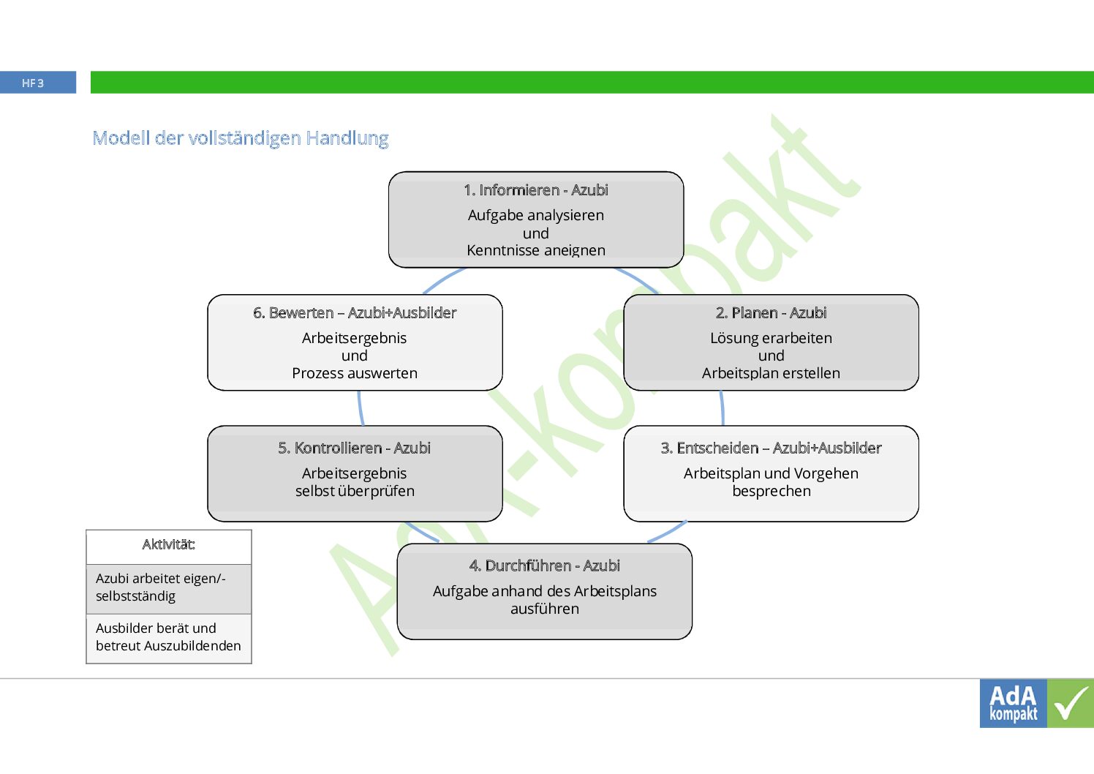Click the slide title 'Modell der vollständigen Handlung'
coord(240,138)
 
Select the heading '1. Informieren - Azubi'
coord(535,190)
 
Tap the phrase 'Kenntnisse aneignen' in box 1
coord(535,250)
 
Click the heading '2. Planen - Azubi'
coord(771,313)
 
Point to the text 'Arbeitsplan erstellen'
coord(771,373)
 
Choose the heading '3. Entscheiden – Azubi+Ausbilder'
coord(771,448)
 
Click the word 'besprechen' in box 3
coord(771,491)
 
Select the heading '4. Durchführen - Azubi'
coord(544,566)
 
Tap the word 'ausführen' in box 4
coord(544,609)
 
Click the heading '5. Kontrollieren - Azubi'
coord(354,448)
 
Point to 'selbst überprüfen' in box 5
coord(354,491)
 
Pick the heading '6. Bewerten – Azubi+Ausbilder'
coord(354,313)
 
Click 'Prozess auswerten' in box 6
coord(354,373)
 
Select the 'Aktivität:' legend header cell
coord(168,544)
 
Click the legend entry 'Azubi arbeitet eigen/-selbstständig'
coord(161,587)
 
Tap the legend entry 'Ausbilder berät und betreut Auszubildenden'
coord(167,637)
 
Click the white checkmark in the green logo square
coord(1071,703)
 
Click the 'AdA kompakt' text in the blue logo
coord(1013,703)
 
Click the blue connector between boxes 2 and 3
coord(723,407)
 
